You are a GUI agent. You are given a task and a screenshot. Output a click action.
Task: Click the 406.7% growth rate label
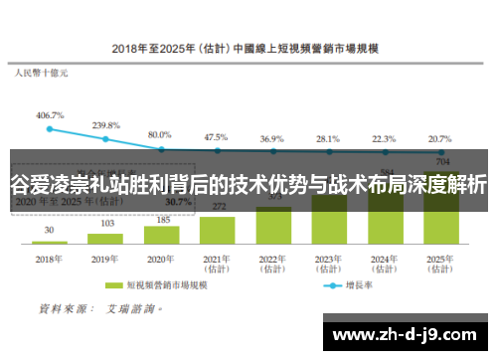point(50,115)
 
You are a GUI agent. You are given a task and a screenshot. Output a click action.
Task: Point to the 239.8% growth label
point(105,125)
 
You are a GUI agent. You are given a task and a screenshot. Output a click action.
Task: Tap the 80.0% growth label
point(160,134)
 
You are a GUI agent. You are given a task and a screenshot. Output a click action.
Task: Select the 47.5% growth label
point(216,137)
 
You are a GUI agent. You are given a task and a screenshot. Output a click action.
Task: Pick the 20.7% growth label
point(437,139)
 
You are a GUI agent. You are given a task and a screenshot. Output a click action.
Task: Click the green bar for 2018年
point(50,242)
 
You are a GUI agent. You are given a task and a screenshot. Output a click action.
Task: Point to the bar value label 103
point(105,224)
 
